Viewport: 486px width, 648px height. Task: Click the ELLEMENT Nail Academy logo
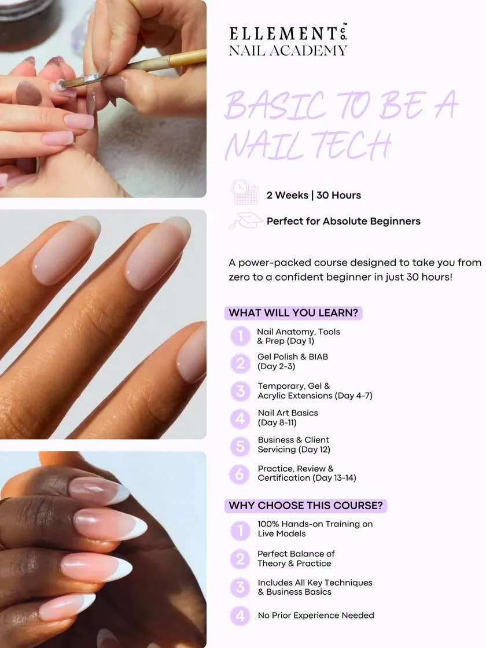[288, 40]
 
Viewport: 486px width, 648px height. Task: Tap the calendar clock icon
[245, 192]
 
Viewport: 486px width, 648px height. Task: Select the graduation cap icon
[245, 220]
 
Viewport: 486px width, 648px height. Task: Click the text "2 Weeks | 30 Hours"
[314, 195]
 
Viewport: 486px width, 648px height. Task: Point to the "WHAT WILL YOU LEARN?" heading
[293, 313]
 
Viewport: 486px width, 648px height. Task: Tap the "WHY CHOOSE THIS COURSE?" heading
[306, 506]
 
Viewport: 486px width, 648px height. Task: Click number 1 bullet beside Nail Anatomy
[240, 336]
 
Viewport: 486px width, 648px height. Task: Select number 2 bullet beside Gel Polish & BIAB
[240, 363]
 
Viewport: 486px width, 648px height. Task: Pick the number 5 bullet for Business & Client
[240, 446]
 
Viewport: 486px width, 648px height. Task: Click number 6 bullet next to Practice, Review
[240, 474]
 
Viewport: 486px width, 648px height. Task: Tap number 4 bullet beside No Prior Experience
[240, 616]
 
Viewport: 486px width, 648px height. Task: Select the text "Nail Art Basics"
[288, 413]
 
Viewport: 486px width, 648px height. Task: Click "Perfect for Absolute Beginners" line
[344, 221]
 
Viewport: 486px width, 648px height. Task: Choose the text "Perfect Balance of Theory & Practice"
[296, 558]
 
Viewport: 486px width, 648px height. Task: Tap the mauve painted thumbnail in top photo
[28, 93]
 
